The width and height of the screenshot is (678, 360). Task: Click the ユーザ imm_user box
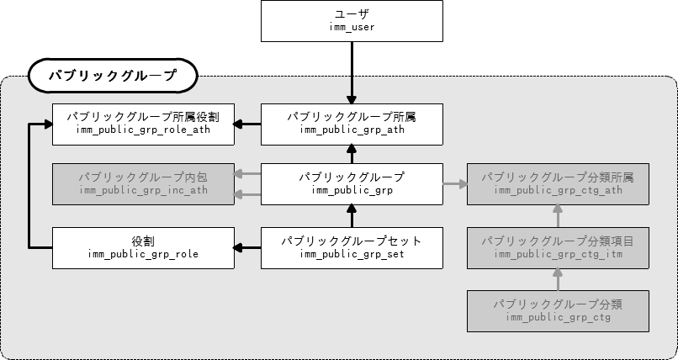(x=352, y=21)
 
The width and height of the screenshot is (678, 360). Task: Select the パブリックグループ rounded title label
(x=112, y=76)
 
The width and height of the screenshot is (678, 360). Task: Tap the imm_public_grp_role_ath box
(x=143, y=123)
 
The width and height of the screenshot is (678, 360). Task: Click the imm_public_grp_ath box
(x=352, y=123)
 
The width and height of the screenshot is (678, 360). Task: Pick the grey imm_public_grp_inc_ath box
(x=143, y=184)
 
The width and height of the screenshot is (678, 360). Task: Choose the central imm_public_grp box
(x=352, y=184)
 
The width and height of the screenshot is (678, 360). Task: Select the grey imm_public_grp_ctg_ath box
(x=558, y=184)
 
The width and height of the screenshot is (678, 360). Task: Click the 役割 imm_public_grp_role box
(x=143, y=247)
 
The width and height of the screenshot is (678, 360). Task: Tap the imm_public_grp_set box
(x=352, y=247)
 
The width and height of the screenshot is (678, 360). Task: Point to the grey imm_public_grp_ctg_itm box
(x=558, y=247)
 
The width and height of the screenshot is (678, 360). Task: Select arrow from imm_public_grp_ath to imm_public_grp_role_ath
(x=247, y=124)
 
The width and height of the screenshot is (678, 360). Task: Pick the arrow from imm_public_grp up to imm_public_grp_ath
(x=352, y=154)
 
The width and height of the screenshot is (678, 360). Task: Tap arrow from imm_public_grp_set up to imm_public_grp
(x=352, y=216)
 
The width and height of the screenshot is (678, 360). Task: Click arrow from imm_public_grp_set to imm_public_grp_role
(x=247, y=247)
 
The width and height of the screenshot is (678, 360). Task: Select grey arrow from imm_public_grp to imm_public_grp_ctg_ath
(x=454, y=184)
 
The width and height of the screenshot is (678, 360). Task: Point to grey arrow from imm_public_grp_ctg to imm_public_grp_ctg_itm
(x=558, y=278)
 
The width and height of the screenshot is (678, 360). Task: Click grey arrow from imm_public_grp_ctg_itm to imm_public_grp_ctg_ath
(x=558, y=216)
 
